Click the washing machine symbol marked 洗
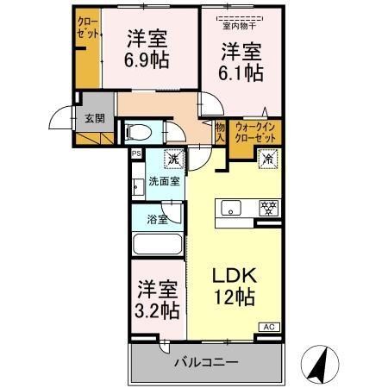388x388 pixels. tap(173, 159)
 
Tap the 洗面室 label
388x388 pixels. tap(163, 181)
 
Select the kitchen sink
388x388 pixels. tap(232, 208)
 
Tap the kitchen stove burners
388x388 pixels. tap(268, 208)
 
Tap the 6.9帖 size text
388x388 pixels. tap(147, 61)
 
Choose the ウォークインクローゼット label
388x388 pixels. tap(256, 133)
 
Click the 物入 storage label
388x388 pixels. tap(220, 132)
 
